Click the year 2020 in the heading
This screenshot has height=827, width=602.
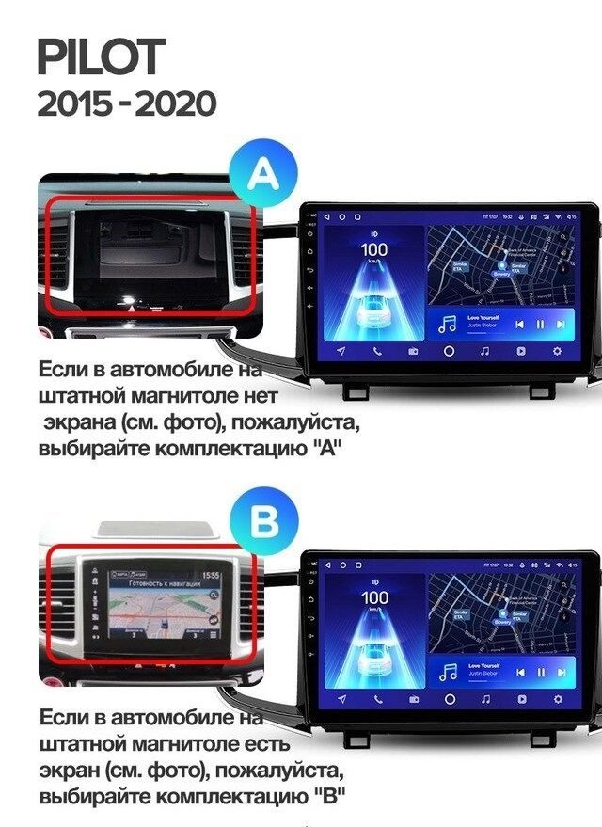click(176, 103)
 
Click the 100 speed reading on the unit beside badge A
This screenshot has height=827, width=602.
click(374, 250)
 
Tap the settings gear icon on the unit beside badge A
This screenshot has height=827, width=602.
click(557, 351)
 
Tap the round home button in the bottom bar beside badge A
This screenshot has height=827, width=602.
click(449, 351)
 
